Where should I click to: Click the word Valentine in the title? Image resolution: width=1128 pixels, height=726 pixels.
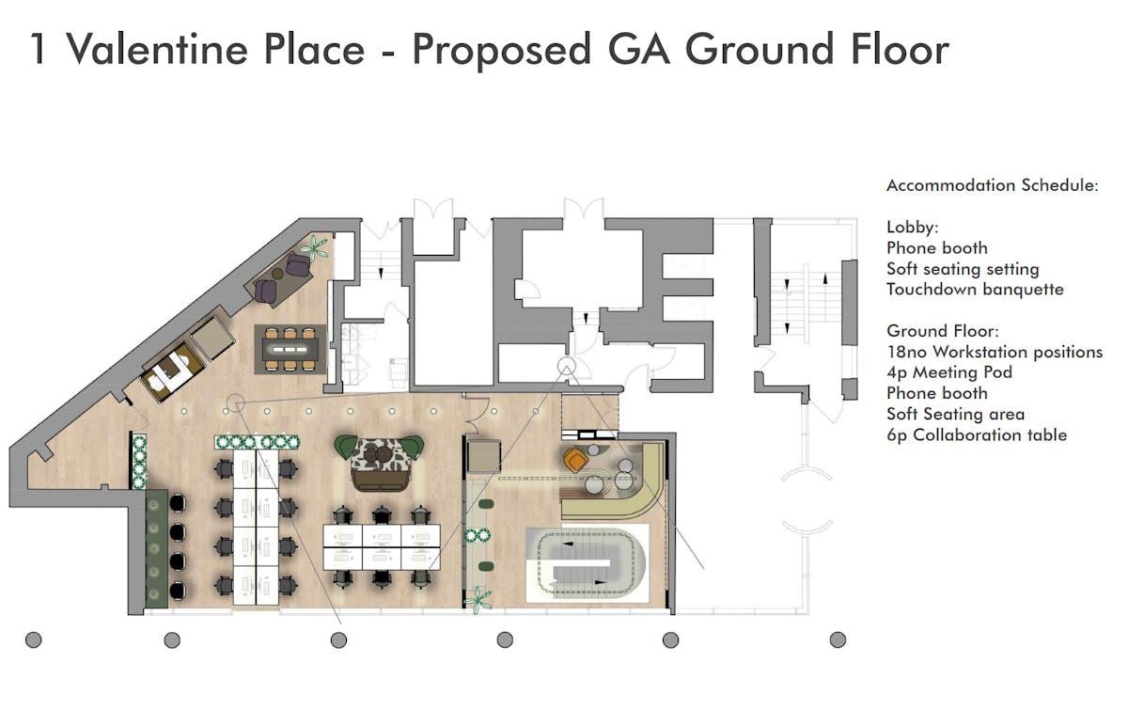[x=157, y=50]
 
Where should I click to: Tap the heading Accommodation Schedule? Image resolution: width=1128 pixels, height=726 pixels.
[x=992, y=185]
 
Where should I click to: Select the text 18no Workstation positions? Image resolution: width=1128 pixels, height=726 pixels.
[x=995, y=352]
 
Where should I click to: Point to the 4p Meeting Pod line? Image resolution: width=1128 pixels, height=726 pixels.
[x=949, y=372]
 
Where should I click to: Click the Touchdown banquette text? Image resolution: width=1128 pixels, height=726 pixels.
[x=975, y=290]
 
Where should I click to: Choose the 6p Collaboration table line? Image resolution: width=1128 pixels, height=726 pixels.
[x=977, y=434]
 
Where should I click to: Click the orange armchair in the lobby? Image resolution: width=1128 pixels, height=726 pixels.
[x=575, y=460]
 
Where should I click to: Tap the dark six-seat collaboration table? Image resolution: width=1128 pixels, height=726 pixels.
[x=290, y=349]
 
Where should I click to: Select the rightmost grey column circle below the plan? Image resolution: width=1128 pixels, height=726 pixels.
[x=838, y=639]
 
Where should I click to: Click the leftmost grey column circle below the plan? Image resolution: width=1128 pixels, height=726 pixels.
[x=33, y=639]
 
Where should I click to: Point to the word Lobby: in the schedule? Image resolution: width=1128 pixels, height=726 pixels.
[x=913, y=228]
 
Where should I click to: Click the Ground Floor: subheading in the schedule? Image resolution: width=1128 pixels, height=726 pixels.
[x=943, y=331]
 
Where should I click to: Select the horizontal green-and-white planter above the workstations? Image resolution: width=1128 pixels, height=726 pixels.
[x=257, y=442]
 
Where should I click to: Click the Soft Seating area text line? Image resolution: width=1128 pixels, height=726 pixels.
[x=955, y=414]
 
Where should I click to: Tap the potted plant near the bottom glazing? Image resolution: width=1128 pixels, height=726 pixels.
[x=478, y=601]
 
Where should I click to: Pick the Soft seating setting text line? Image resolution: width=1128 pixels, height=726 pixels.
[x=963, y=269]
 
